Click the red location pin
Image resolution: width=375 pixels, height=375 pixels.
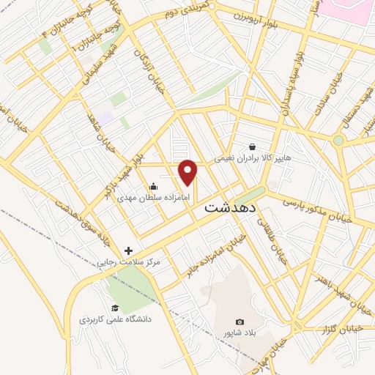pyautogui.click(x=189, y=172)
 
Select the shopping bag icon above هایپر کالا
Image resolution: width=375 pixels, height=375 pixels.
pyautogui.click(x=252, y=146)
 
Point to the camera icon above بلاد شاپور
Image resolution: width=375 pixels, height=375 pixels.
pyautogui.click(x=240, y=322)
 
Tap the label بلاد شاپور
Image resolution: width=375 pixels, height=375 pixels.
pyautogui.click(x=240, y=333)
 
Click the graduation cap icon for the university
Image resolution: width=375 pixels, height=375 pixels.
pyautogui.click(x=114, y=308)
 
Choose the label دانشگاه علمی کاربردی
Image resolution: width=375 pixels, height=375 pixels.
pyautogui.click(x=114, y=320)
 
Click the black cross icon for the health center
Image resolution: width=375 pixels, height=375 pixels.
pyautogui.click(x=128, y=250)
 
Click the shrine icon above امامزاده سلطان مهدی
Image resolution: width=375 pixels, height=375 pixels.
pyautogui.click(x=152, y=185)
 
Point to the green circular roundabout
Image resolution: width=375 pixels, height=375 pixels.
pyautogui.click(x=338, y=140)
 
